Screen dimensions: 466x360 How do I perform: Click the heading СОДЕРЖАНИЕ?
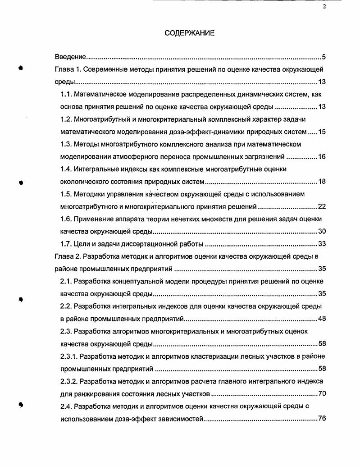189,33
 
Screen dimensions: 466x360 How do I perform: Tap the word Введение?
70,57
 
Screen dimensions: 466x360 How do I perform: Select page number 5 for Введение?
324,57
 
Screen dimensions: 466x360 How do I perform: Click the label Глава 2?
67,257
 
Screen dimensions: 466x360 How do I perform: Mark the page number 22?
322,206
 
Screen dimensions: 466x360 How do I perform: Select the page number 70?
322,393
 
